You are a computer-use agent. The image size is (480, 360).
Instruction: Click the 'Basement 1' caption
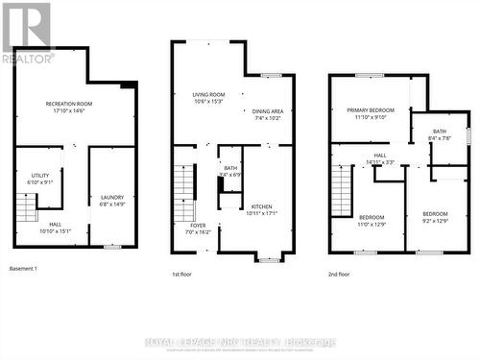(23, 267)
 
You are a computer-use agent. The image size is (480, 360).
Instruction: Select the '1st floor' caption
(182, 274)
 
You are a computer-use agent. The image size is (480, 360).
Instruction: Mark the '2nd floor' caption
(339, 274)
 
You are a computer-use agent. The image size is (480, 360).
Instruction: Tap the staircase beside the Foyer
(184, 193)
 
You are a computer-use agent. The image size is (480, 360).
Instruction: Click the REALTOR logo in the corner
(26, 33)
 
